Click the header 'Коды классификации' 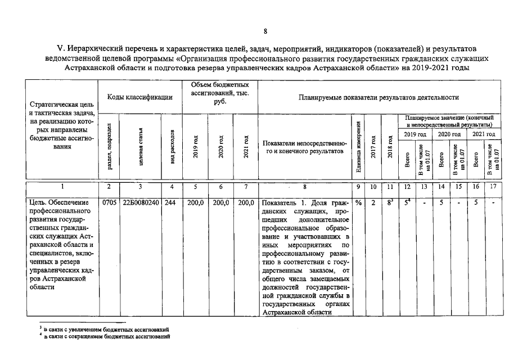139,97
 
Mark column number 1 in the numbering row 62,186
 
